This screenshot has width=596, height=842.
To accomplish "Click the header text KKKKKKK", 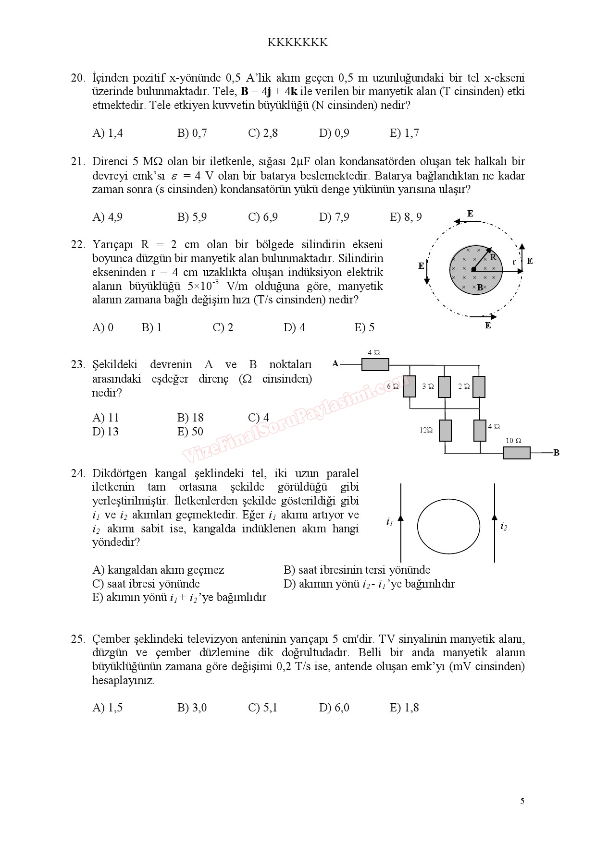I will (x=298, y=43).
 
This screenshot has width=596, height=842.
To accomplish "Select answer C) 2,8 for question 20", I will (x=263, y=133).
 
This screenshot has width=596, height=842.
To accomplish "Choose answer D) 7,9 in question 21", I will (x=334, y=217).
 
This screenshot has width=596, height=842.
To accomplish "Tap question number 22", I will (x=77, y=244).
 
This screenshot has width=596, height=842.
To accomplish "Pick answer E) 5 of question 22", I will (x=364, y=327).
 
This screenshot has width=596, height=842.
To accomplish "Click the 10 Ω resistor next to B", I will (x=516, y=453).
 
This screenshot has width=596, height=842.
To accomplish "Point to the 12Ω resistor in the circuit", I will (x=445, y=430).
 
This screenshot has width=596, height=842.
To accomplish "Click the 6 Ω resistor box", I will (x=410, y=386).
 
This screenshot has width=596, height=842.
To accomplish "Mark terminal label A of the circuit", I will (x=335, y=364).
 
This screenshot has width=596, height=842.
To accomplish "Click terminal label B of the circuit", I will (x=556, y=453).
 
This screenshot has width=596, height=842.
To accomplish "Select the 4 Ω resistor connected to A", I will (x=375, y=365).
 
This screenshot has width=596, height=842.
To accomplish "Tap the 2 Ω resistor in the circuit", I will (x=479, y=386).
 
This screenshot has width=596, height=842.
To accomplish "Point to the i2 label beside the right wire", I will (x=503, y=526).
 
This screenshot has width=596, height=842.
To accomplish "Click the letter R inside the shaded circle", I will (x=493, y=257).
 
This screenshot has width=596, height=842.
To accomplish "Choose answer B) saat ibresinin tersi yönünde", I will (x=357, y=570).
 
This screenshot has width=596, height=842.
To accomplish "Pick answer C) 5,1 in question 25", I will (x=262, y=708).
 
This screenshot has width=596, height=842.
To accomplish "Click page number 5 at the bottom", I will (x=522, y=801).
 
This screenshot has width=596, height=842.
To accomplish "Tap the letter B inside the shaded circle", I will (x=480, y=288).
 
